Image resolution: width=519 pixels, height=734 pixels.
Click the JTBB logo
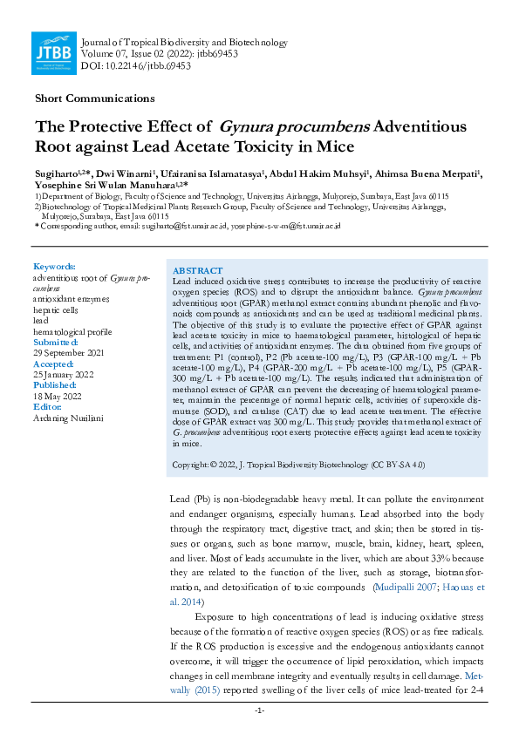click(x=52, y=53)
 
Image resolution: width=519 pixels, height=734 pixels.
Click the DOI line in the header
click(x=124, y=66)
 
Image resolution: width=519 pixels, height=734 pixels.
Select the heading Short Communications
click(x=95, y=99)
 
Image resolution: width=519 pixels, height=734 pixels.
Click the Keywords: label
click(x=54, y=266)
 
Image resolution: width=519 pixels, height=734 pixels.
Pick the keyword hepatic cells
click(x=55, y=309)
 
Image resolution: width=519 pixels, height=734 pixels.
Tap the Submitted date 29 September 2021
click(x=69, y=352)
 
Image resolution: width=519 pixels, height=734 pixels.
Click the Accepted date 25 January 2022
click(x=64, y=375)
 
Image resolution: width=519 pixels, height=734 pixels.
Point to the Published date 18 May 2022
click(x=58, y=396)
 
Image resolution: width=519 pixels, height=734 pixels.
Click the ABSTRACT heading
click(x=198, y=271)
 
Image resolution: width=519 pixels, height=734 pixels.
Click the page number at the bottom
click(x=259, y=711)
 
